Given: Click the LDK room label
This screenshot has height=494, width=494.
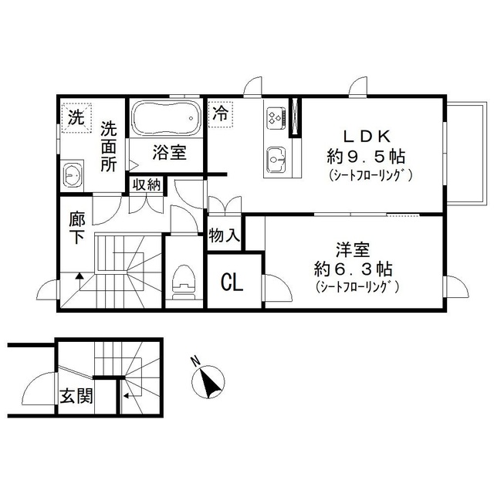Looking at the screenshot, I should click(x=365, y=136).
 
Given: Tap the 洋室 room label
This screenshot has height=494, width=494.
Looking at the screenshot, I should click(x=353, y=250).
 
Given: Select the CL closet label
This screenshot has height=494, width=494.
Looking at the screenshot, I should click(x=232, y=283).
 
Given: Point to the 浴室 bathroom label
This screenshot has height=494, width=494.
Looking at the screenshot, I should click(x=168, y=152).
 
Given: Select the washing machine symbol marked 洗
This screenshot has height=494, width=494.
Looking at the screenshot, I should click(x=75, y=119).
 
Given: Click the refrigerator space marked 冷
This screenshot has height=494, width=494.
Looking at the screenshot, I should click(x=220, y=113).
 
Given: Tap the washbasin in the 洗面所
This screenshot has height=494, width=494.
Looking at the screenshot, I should click(x=73, y=174).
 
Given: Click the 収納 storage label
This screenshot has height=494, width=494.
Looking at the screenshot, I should click(x=146, y=184).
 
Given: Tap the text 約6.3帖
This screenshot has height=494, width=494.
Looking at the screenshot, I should click(x=353, y=269).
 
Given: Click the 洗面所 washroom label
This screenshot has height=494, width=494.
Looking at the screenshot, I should click(x=108, y=147).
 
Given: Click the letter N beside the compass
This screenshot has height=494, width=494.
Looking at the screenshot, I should click(x=195, y=360).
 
